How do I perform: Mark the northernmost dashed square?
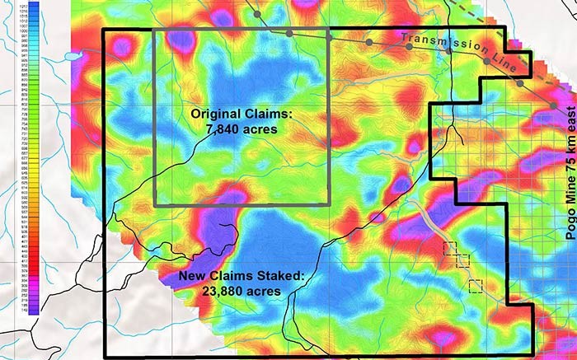click(x=450, y=248)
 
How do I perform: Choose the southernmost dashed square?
click(x=475, y=286)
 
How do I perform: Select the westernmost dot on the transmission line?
click(x=257, y=14)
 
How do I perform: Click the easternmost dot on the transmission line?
click(x=553, y=105)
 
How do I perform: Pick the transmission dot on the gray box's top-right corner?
click(x=329, y=37)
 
